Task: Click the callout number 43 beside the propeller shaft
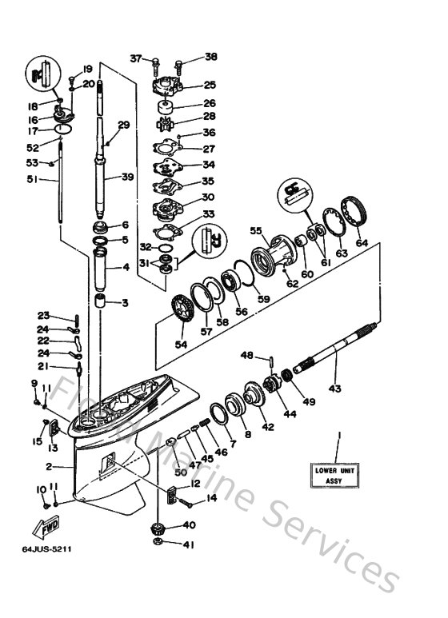pyautogui.click(x=334, y=389)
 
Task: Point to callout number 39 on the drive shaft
pyautogui.click(x=128, y=177)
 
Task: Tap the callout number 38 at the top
pyautogui.click(x=210, y=57)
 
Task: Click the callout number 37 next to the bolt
pyautogui.click(x=135, y=58)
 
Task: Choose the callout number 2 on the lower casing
pyautogui.click(x=49, y=466)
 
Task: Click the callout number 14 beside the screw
pyautogui.click(x=212, y=498)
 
